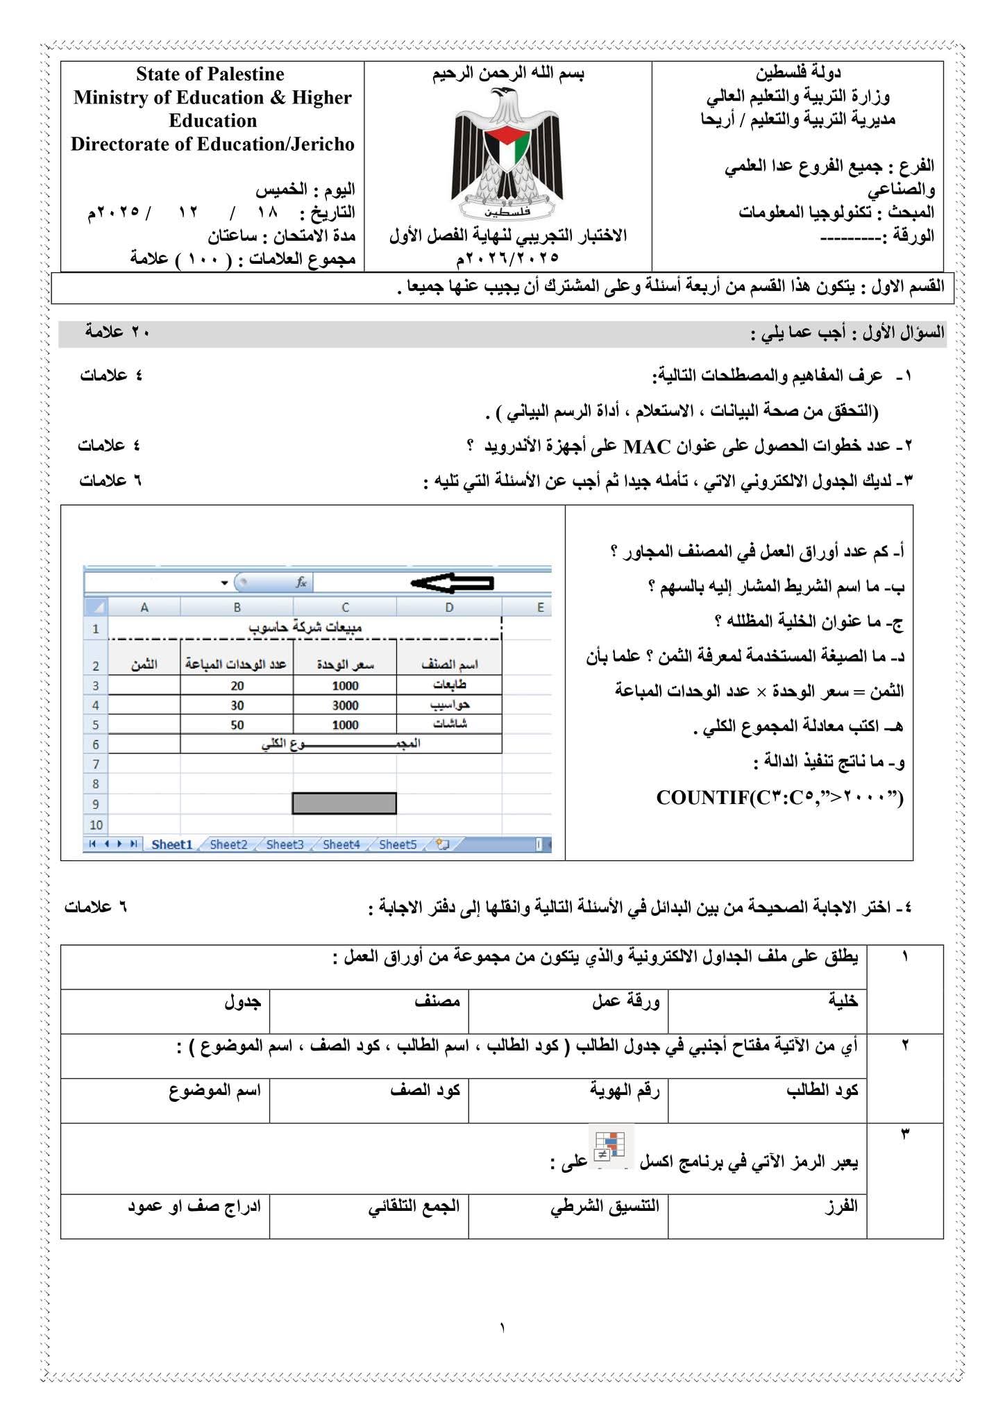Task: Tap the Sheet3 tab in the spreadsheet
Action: point(285,844)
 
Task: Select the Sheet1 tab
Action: point(171,844)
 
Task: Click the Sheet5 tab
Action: point(398,844)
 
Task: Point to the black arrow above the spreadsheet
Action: point(452,583)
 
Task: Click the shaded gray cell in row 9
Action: point(344,803)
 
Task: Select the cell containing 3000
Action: point(345,705)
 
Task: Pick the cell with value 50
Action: point(237,725)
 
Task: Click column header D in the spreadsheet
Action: point(449,608)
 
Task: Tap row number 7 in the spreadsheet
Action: point(96,764)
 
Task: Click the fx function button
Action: point(301,583)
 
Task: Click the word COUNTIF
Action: point(702,798)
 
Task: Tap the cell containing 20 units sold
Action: point(237,686)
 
